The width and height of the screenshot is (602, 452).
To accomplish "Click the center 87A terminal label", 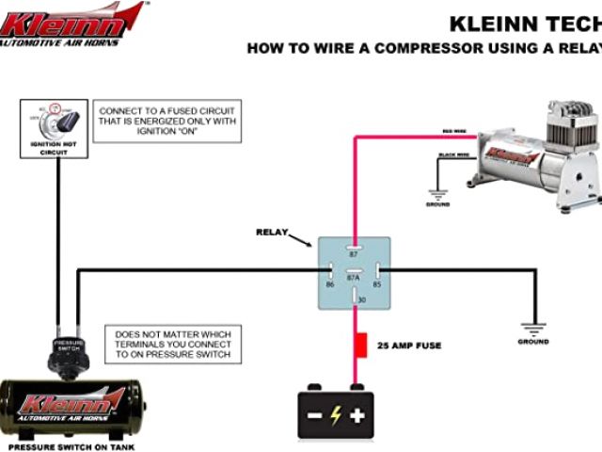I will pyautogui.click(x=355, y=279).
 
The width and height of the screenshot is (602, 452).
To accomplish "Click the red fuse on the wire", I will pyautogui.click(x=358, y=345).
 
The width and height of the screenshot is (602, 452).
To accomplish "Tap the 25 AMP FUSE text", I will pyautogui.click(x=409, y=346).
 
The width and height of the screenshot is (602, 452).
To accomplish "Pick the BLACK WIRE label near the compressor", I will pyautogui.click(x=451, y=153).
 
